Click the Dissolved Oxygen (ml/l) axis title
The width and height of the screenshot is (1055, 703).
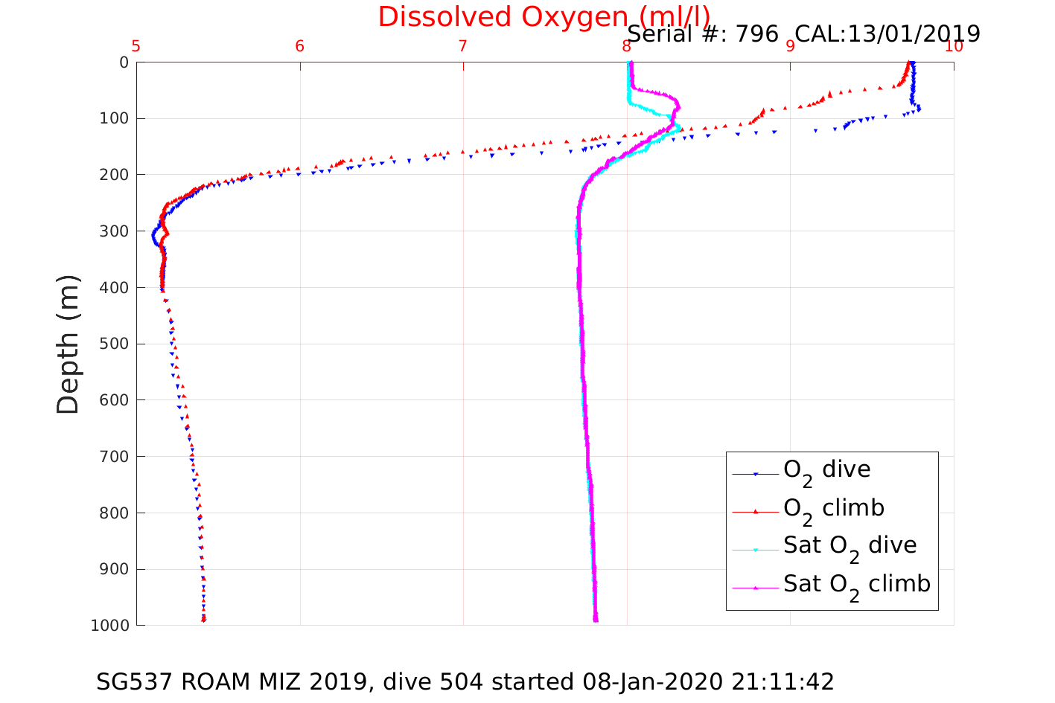[x=544, y=16]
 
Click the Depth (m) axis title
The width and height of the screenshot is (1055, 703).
[x=68, y=344]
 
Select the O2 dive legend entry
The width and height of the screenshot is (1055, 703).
[x=826, y=471]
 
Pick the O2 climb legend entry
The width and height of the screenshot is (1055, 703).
[x=833, y=509]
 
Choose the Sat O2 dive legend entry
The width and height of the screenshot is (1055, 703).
[x=850, y=547]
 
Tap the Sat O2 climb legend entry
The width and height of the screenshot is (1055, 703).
[x=856, y=585]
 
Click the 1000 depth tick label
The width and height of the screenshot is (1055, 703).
[x=109, y=626]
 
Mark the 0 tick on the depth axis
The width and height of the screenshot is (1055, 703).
[x=124, y=62]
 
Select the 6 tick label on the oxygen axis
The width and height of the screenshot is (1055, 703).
[x=300, y=46]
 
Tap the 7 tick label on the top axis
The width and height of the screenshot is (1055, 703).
[x=463, y=46]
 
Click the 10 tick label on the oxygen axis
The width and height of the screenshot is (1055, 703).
[x=954, y=46]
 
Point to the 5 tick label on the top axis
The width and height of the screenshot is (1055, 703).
[x=136, y=46]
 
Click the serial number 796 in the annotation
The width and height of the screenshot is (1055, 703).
[x=757, y=33]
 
